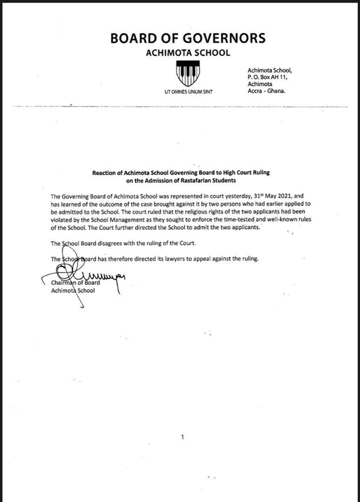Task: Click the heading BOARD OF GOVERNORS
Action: (x=188, y=38)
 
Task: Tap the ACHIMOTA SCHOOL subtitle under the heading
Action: (x=188, y=53)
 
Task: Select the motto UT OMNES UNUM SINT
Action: (x=188, y=92)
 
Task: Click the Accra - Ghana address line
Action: (x=267, y=91)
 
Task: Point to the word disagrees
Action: (x=108, y=244)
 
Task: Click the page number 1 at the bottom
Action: (x=183, y=437)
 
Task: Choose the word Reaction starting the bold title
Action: (x=105, y=173)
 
